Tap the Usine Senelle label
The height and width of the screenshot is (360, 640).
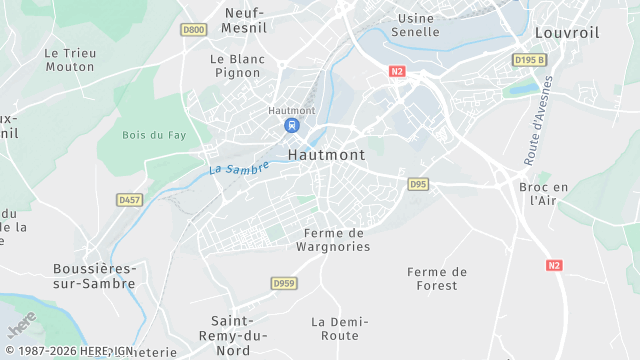click(x=418, y=25)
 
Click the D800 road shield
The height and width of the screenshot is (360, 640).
click(x=194, y=30)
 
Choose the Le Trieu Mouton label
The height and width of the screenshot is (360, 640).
click(x=70, y=59)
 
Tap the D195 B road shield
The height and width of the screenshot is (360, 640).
click(x=529, y=60)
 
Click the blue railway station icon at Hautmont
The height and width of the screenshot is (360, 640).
click(x=291, y=125)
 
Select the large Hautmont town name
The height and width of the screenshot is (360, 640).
click(x=326, y=155)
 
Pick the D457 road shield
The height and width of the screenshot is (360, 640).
click(x=129, y=200)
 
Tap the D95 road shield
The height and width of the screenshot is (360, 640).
click(x=418, y=184)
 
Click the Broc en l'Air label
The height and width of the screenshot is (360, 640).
click(x=543, y=193)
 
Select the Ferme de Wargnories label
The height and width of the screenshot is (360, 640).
click(x=334, y=239)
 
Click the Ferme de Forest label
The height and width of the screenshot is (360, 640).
click(x=437, y=278)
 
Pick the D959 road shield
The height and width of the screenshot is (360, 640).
click(x=284, y=284)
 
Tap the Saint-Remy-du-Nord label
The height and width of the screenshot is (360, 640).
click(x=238, y=335)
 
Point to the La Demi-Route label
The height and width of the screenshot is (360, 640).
click(x=340, y=329)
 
